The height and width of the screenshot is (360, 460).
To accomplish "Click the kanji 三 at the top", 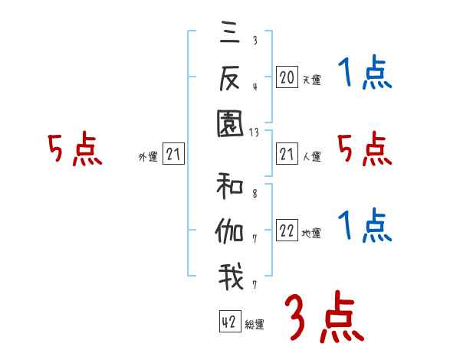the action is [x=231, y=34].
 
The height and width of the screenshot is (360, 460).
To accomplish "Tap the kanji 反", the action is [x=231, y=77].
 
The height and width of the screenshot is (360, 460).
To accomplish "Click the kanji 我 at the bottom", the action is [x=231, y=277].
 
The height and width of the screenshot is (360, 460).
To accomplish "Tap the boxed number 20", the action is [x=287, y=77].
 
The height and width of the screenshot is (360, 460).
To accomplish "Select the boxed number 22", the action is [x=287, y=231].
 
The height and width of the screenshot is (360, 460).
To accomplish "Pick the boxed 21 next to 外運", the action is [x=173, y=155].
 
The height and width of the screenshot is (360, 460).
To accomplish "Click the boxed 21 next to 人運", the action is [x=287, y=155].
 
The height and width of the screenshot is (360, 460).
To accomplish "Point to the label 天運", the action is [x=311, y=80].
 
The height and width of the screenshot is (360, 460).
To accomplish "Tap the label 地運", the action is [x=311, y=234].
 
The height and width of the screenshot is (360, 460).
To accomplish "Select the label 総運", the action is [x=255, y=324].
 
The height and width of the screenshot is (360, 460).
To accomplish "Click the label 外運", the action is [x=148, y=157].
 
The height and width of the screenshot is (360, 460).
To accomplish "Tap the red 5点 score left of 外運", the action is [x=74, y=149].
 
